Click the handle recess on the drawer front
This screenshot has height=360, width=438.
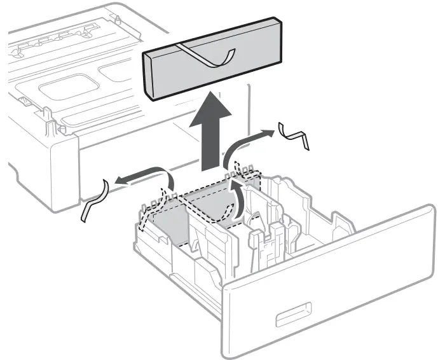click(293, 313)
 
